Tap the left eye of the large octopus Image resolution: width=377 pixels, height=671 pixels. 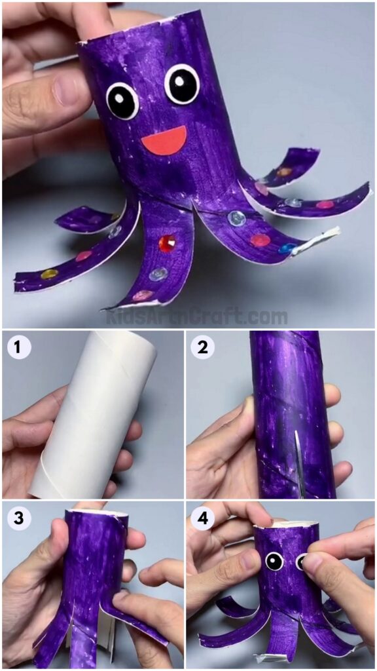(122, 100)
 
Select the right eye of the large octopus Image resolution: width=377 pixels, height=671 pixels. (182, 83)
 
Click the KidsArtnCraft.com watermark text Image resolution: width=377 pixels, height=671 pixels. (196, 317)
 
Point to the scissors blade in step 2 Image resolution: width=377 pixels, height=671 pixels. (298, 459)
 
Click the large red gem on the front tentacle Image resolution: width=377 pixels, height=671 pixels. (168, 242)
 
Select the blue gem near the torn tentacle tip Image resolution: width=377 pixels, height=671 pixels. (287, 248)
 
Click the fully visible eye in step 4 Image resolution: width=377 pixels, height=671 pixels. (274, 562)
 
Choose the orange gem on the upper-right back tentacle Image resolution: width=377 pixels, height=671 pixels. (284, 172)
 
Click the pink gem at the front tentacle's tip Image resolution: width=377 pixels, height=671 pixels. (140, 296)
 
